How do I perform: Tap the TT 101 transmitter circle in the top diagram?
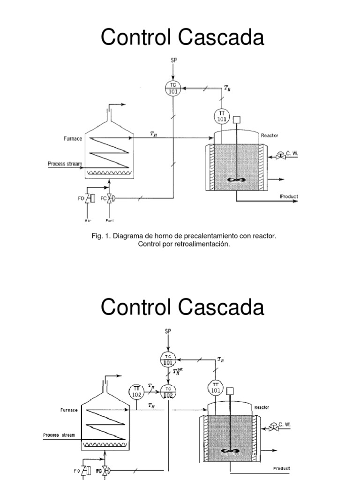tap(221, 117)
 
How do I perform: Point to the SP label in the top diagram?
tap(173, 60)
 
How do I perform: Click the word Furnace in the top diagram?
tap(72, 139)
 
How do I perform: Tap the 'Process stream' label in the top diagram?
tap(65, 164)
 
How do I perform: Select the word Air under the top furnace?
tap(88, 220)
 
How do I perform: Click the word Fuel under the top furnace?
tap(110, 220)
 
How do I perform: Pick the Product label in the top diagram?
tap(289, 196)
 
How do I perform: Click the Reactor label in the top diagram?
tap(269, 135)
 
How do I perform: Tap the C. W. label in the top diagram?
tap(292, 153)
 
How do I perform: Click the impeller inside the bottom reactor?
tap(229, 451)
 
